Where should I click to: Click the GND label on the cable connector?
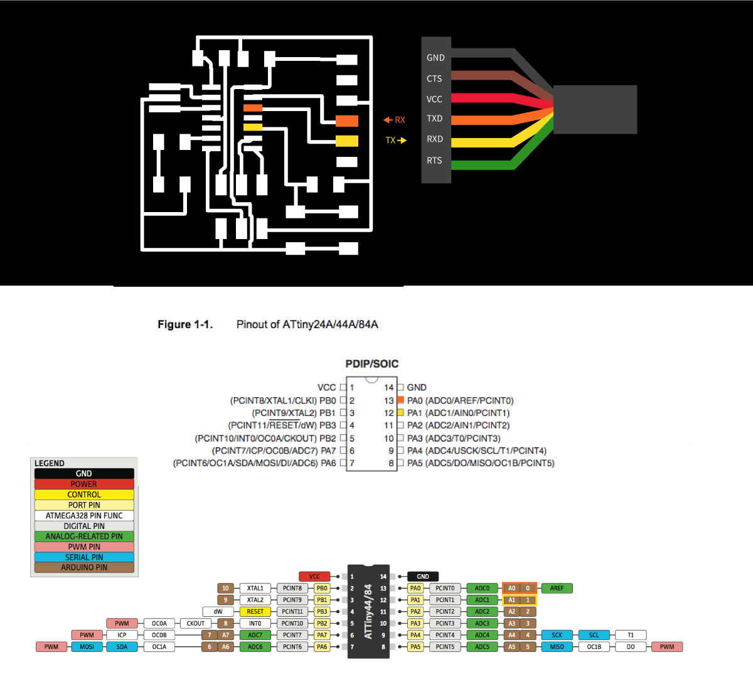tap(435, 58)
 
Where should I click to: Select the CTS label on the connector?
tap(434, 78)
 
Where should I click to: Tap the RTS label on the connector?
tap(434, 161)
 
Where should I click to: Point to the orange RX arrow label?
tap(395, 120)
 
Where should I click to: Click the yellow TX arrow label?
tap(396, 141)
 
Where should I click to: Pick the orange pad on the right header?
tap(347, 120)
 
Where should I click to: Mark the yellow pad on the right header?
tap(347, 141)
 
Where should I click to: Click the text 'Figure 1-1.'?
tap(185, 324)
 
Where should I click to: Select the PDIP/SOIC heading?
tap(372, 364)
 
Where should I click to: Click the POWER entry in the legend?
tap(84, 484)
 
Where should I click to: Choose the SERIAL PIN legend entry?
tap(84, 557)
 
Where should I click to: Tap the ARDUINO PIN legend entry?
tap(84, 567)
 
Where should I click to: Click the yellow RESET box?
tap(255, 612)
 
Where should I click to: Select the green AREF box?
tap(557, 589)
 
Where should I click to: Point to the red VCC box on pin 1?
tap(314, 577)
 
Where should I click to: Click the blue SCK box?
tap(557, 635)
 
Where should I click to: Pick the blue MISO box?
tap(557, 647)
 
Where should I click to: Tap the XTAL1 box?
tap(255, 589)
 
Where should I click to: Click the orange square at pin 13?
tap(400, 400)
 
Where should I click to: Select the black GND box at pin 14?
tap(423, 577)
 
